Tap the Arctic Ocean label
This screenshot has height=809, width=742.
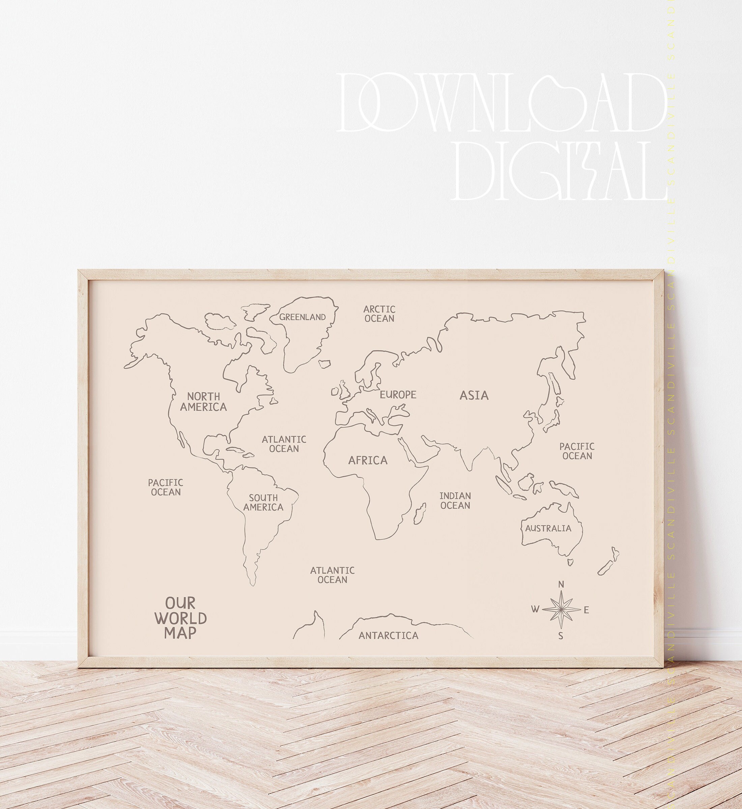point(379,314)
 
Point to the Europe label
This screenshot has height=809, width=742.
point(398,395)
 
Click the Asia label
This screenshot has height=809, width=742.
point(474,396)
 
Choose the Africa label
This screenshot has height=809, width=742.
point(368,460)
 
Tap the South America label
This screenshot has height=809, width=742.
point(263,502)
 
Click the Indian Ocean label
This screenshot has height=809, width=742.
point(455,501)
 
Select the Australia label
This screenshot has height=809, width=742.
point(548,529)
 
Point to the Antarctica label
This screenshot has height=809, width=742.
point(388,636)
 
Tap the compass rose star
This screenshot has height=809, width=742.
point(561,610)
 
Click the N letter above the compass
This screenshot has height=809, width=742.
point(562,584)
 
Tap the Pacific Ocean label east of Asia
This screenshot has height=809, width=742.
point(577,451)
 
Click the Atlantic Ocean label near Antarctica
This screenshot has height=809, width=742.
point(332,575)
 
